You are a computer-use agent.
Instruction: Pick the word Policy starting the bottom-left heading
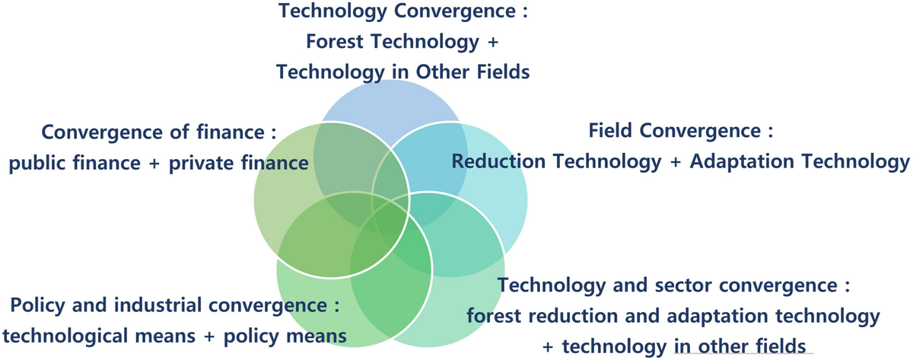click(38, 307)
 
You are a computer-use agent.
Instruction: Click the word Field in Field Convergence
click(611, 131)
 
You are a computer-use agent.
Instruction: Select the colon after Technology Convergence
click(524, 13)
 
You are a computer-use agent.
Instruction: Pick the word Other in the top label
click(444, 72)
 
